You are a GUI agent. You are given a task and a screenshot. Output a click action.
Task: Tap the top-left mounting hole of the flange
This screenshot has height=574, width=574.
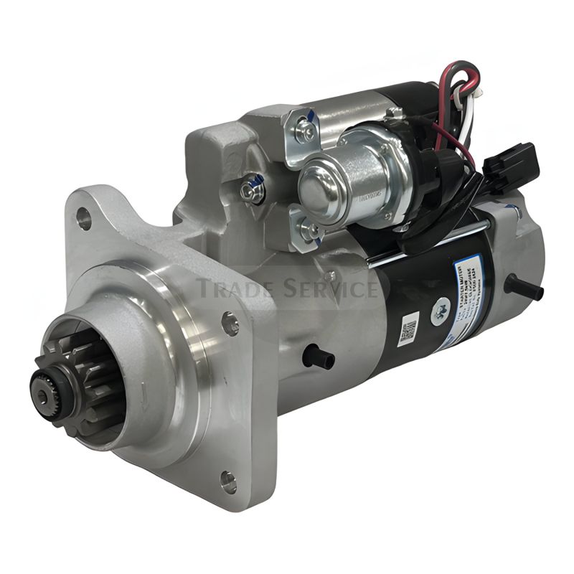pos(84,217)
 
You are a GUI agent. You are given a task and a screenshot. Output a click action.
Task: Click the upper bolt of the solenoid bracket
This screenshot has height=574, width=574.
pos(306,130)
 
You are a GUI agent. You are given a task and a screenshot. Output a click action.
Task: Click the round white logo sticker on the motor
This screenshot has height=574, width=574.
pos(437,311)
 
